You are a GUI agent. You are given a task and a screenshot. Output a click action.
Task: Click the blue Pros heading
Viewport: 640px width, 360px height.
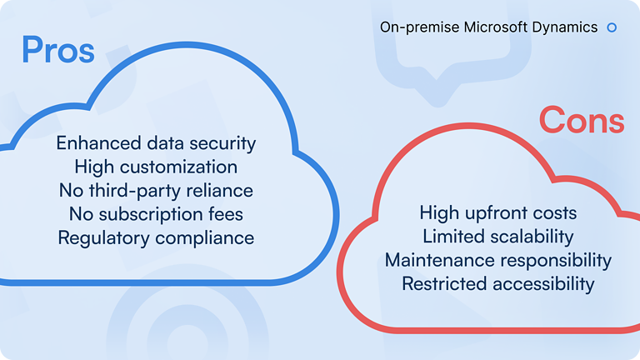click(x=57, y=50)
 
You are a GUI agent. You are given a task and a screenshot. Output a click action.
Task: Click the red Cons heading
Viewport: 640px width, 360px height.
click(x=581, y=121)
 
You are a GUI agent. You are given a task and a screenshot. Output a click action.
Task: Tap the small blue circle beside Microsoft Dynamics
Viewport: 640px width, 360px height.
click(x=612, y=27)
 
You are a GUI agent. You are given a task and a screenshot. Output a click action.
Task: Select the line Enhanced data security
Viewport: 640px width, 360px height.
click(x=156, y=143)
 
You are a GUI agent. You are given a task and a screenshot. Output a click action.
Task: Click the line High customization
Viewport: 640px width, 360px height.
click(x=156, y=167)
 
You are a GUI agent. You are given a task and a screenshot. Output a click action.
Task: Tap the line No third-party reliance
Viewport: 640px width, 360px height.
click(x=156, y=191)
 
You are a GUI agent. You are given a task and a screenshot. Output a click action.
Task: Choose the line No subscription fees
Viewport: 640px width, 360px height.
click(x=156, y=214)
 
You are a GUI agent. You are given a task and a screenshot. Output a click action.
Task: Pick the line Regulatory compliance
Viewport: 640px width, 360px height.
click(x=156, y=237)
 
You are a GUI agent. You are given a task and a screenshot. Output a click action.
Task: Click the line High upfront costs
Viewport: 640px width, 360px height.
click(x=498, y=213)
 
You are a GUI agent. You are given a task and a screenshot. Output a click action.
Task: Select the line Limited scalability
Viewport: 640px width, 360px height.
click(x=498, y=237)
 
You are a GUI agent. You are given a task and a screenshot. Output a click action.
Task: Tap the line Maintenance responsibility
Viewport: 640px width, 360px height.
click(x=498, y=260)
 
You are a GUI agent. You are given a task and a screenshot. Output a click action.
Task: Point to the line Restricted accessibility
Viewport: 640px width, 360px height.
click(x=498, y=284)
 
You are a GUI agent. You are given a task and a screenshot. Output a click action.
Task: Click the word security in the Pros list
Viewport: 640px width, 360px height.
click(x=223, y=143)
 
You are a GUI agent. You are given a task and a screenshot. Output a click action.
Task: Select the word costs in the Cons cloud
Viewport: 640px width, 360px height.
click(x=554, y=213)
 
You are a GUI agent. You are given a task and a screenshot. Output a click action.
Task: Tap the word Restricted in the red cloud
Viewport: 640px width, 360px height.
click(x=444, y=284)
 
